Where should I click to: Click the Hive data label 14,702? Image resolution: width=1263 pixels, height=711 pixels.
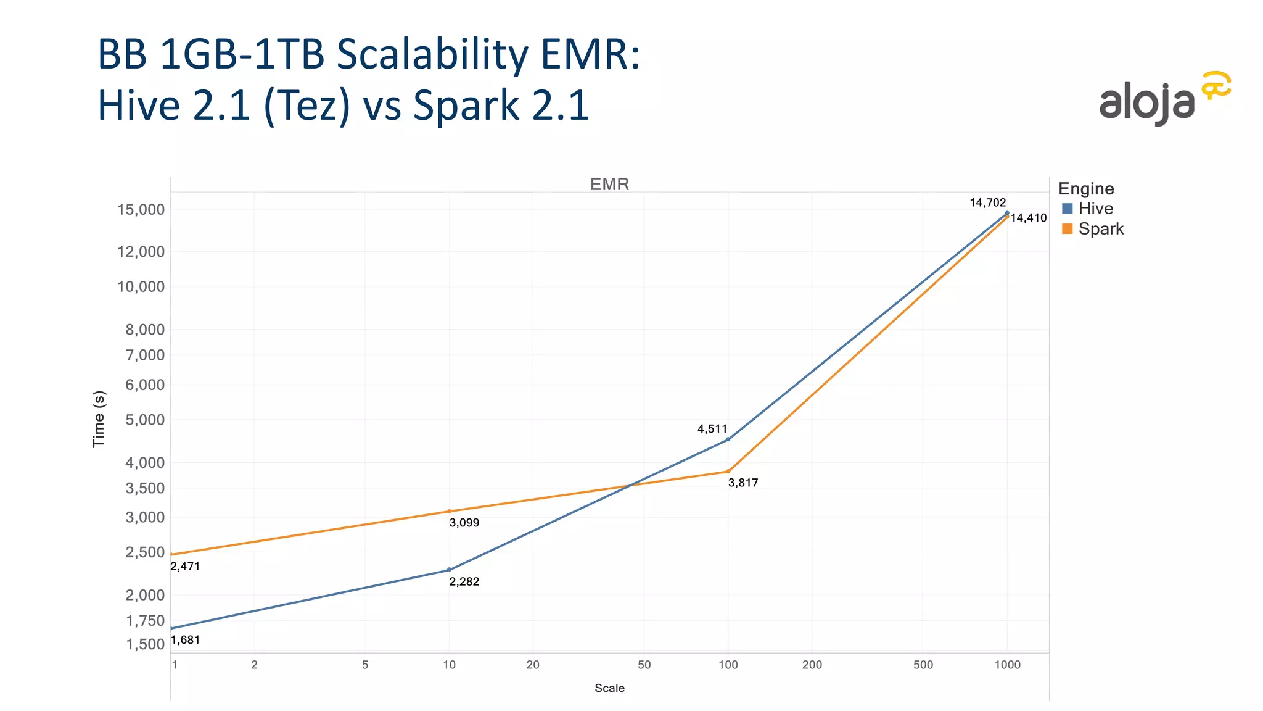click(x=987, y=202)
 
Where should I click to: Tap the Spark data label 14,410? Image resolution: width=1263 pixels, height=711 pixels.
click(x=1028, y=218)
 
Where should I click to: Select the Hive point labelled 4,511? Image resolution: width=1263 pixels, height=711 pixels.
click(x=728, y=439)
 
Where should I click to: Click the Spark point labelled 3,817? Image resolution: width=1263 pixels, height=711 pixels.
click(x=728, y=472)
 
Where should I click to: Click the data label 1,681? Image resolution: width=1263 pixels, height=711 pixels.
click(x=186, y=640)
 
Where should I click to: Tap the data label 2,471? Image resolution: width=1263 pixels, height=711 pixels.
click(x=185, y=567)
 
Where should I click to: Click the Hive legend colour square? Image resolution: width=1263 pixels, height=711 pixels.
click(x=1068, y=209)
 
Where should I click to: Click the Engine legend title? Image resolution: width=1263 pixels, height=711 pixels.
click(x=1086, y=189)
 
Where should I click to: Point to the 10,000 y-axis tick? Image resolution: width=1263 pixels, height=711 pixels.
click(x=141, y=287)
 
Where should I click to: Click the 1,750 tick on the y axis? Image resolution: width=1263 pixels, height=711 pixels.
click(x=146, y=621)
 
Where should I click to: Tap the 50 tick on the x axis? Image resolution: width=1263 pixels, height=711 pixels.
click(x=644, y=665)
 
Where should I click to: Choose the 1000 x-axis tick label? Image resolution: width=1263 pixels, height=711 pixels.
click(x=1007, y=665)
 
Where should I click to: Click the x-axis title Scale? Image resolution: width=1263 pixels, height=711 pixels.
click(x=609, y=688)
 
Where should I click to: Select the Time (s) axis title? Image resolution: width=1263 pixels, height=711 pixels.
click(x=99, y=419)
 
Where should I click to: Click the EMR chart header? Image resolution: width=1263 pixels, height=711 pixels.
click(x=609, y=185)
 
